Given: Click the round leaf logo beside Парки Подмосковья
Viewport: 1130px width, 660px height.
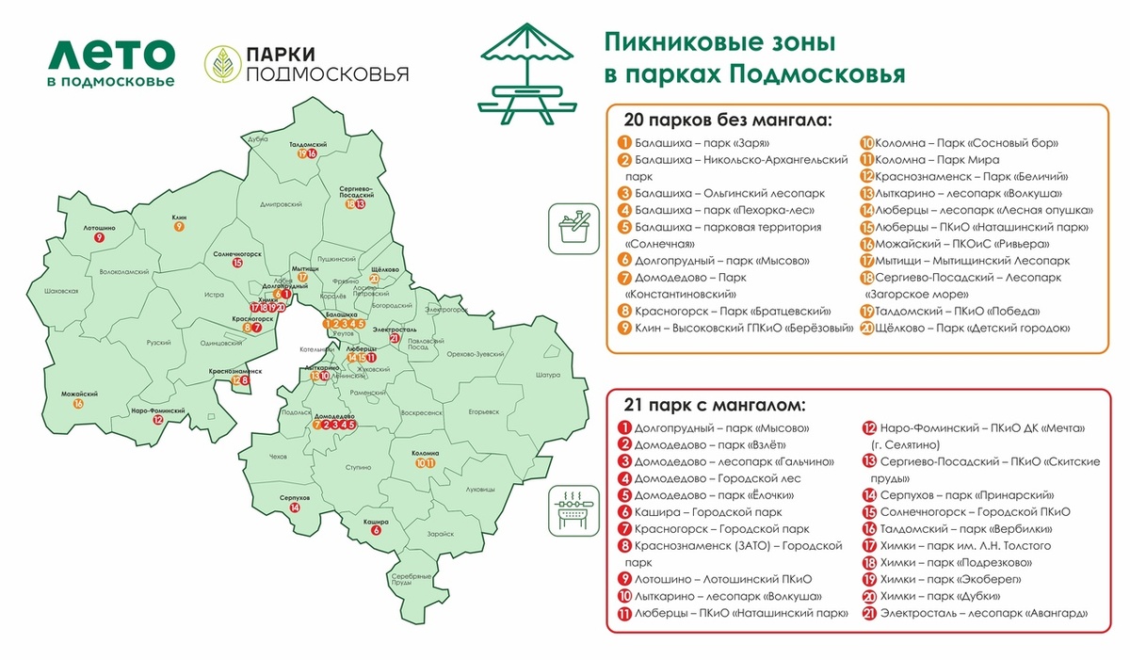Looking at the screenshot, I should (221, 64).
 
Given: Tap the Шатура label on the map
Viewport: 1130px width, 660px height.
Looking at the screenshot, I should (547, 375).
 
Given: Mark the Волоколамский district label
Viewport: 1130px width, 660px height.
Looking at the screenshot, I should (125, 272).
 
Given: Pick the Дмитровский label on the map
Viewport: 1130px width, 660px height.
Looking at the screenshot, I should (281, 203).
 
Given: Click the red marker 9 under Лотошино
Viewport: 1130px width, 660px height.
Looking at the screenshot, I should (99, 238).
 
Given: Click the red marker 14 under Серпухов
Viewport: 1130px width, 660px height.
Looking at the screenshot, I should (296, 507).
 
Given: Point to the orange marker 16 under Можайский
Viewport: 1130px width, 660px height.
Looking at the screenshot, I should (78, 403).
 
